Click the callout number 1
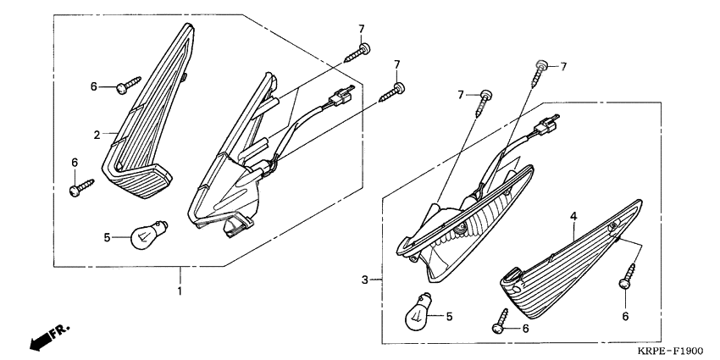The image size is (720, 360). (x=180, y=291)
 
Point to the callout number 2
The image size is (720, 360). (x=97, y=135)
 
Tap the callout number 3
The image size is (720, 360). (x=364, y=280)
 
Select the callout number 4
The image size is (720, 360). (x=573, y=216)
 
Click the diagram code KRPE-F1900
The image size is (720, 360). (x=670, y=352)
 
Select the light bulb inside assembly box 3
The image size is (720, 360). (x=418, y=312)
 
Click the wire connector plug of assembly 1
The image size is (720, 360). (x=341, y=96)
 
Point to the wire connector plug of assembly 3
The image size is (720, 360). (x=546, y=125)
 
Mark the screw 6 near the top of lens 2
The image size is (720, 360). (x=129, y=85)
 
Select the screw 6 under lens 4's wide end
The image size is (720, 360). (x=627, y=276)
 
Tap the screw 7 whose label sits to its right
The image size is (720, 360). (x=539, y=74)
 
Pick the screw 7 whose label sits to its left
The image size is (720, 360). (x=483, y=103)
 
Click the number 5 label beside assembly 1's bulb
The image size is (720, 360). (x=107, y=237)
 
